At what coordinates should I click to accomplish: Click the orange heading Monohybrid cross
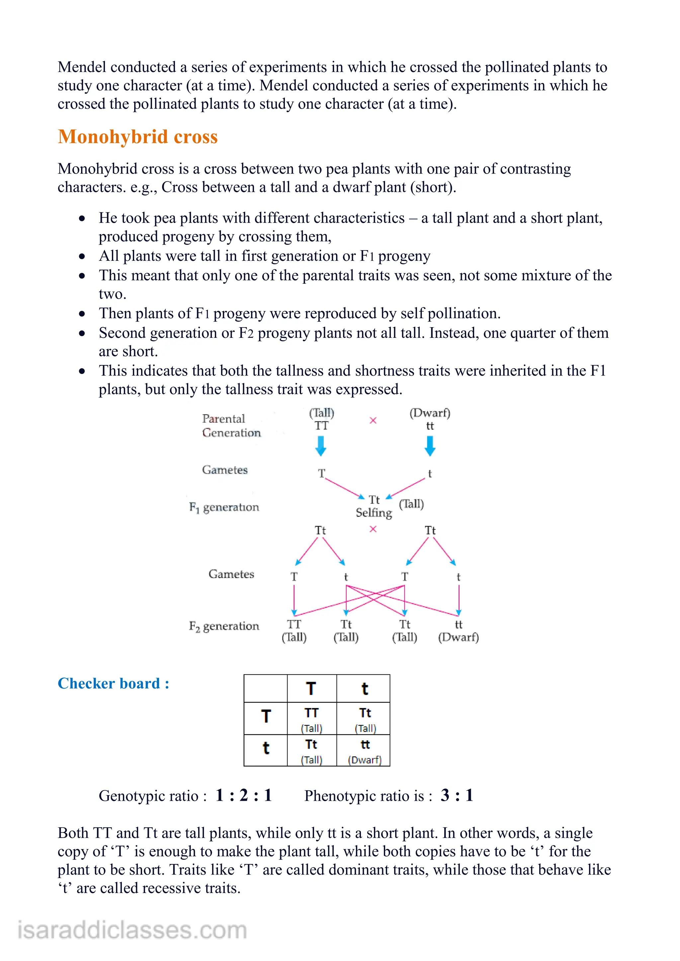[x=138, y=137]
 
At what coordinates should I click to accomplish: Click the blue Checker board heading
[x=113, y=684]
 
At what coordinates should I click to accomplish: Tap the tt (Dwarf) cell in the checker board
[x=364, y=751]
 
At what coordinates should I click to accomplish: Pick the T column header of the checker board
[x=311, y=689]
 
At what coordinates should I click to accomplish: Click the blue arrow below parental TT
[x=321, y=446]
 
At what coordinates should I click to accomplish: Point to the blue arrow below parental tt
[x=430, y=446]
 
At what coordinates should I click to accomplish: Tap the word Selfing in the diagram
[x=374, y=513]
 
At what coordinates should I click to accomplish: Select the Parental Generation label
[x=231, y=426]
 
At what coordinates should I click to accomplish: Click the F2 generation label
[x=224, y=626]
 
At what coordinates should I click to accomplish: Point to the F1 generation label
[x=224, y=507]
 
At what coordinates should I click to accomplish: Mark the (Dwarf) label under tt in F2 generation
[x=459, y=637]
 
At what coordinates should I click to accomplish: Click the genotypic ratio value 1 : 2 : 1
[x=244, y=795]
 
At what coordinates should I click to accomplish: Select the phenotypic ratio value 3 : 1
[x=457, y=795]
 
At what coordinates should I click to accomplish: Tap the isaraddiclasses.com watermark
[x=132, y=930]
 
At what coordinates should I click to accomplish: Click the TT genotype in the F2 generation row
[x=294, y=625]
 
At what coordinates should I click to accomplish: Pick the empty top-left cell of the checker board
[x=266, y=689]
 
